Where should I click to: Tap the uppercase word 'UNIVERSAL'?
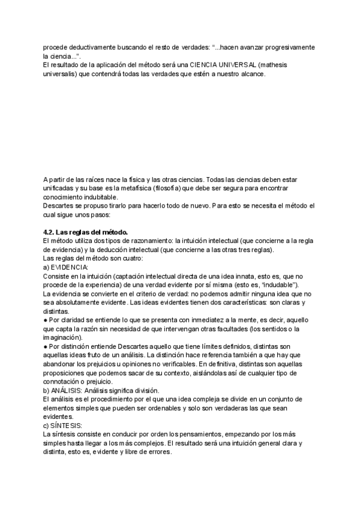tap(221, 64)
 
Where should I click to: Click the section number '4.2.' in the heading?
tap(50, 232)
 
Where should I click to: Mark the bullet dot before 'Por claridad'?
tap(46, 320)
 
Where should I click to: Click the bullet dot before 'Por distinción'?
tap(46, 346)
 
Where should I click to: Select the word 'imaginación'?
tap(62, 337)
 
